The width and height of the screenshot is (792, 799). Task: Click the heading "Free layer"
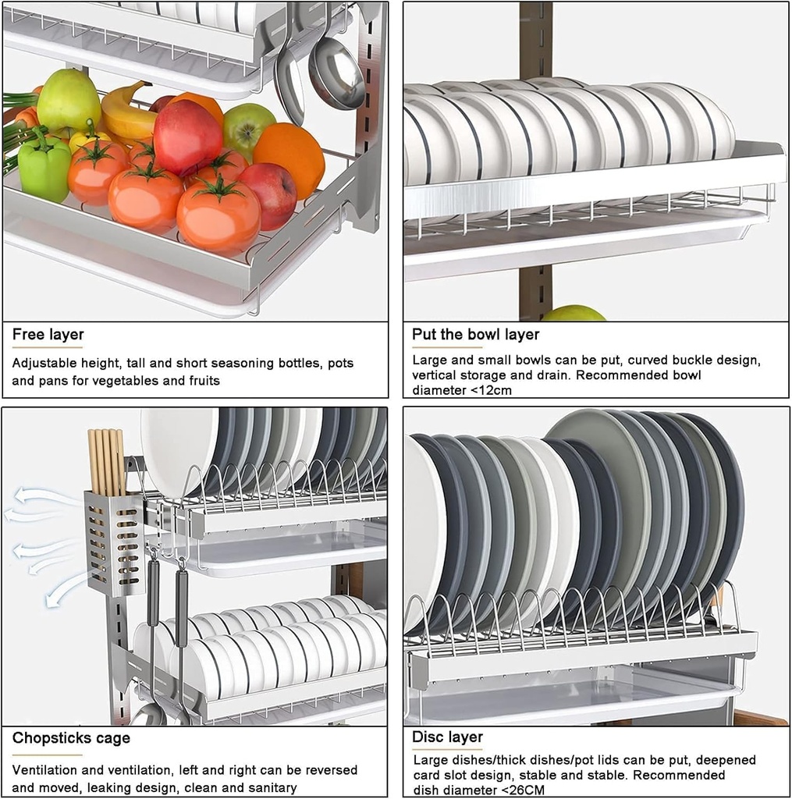coord(48,336)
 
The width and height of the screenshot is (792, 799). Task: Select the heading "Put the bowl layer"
coord(475,335)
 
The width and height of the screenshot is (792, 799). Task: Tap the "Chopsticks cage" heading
coord(71,738)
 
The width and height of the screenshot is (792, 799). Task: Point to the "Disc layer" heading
coord(447,737)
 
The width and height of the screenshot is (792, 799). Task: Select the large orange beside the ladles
coord(289,159)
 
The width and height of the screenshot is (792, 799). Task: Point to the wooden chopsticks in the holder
coord(105,460)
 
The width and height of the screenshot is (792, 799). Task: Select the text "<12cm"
coord(492,390)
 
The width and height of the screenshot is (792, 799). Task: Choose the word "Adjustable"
coord(44,364)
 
